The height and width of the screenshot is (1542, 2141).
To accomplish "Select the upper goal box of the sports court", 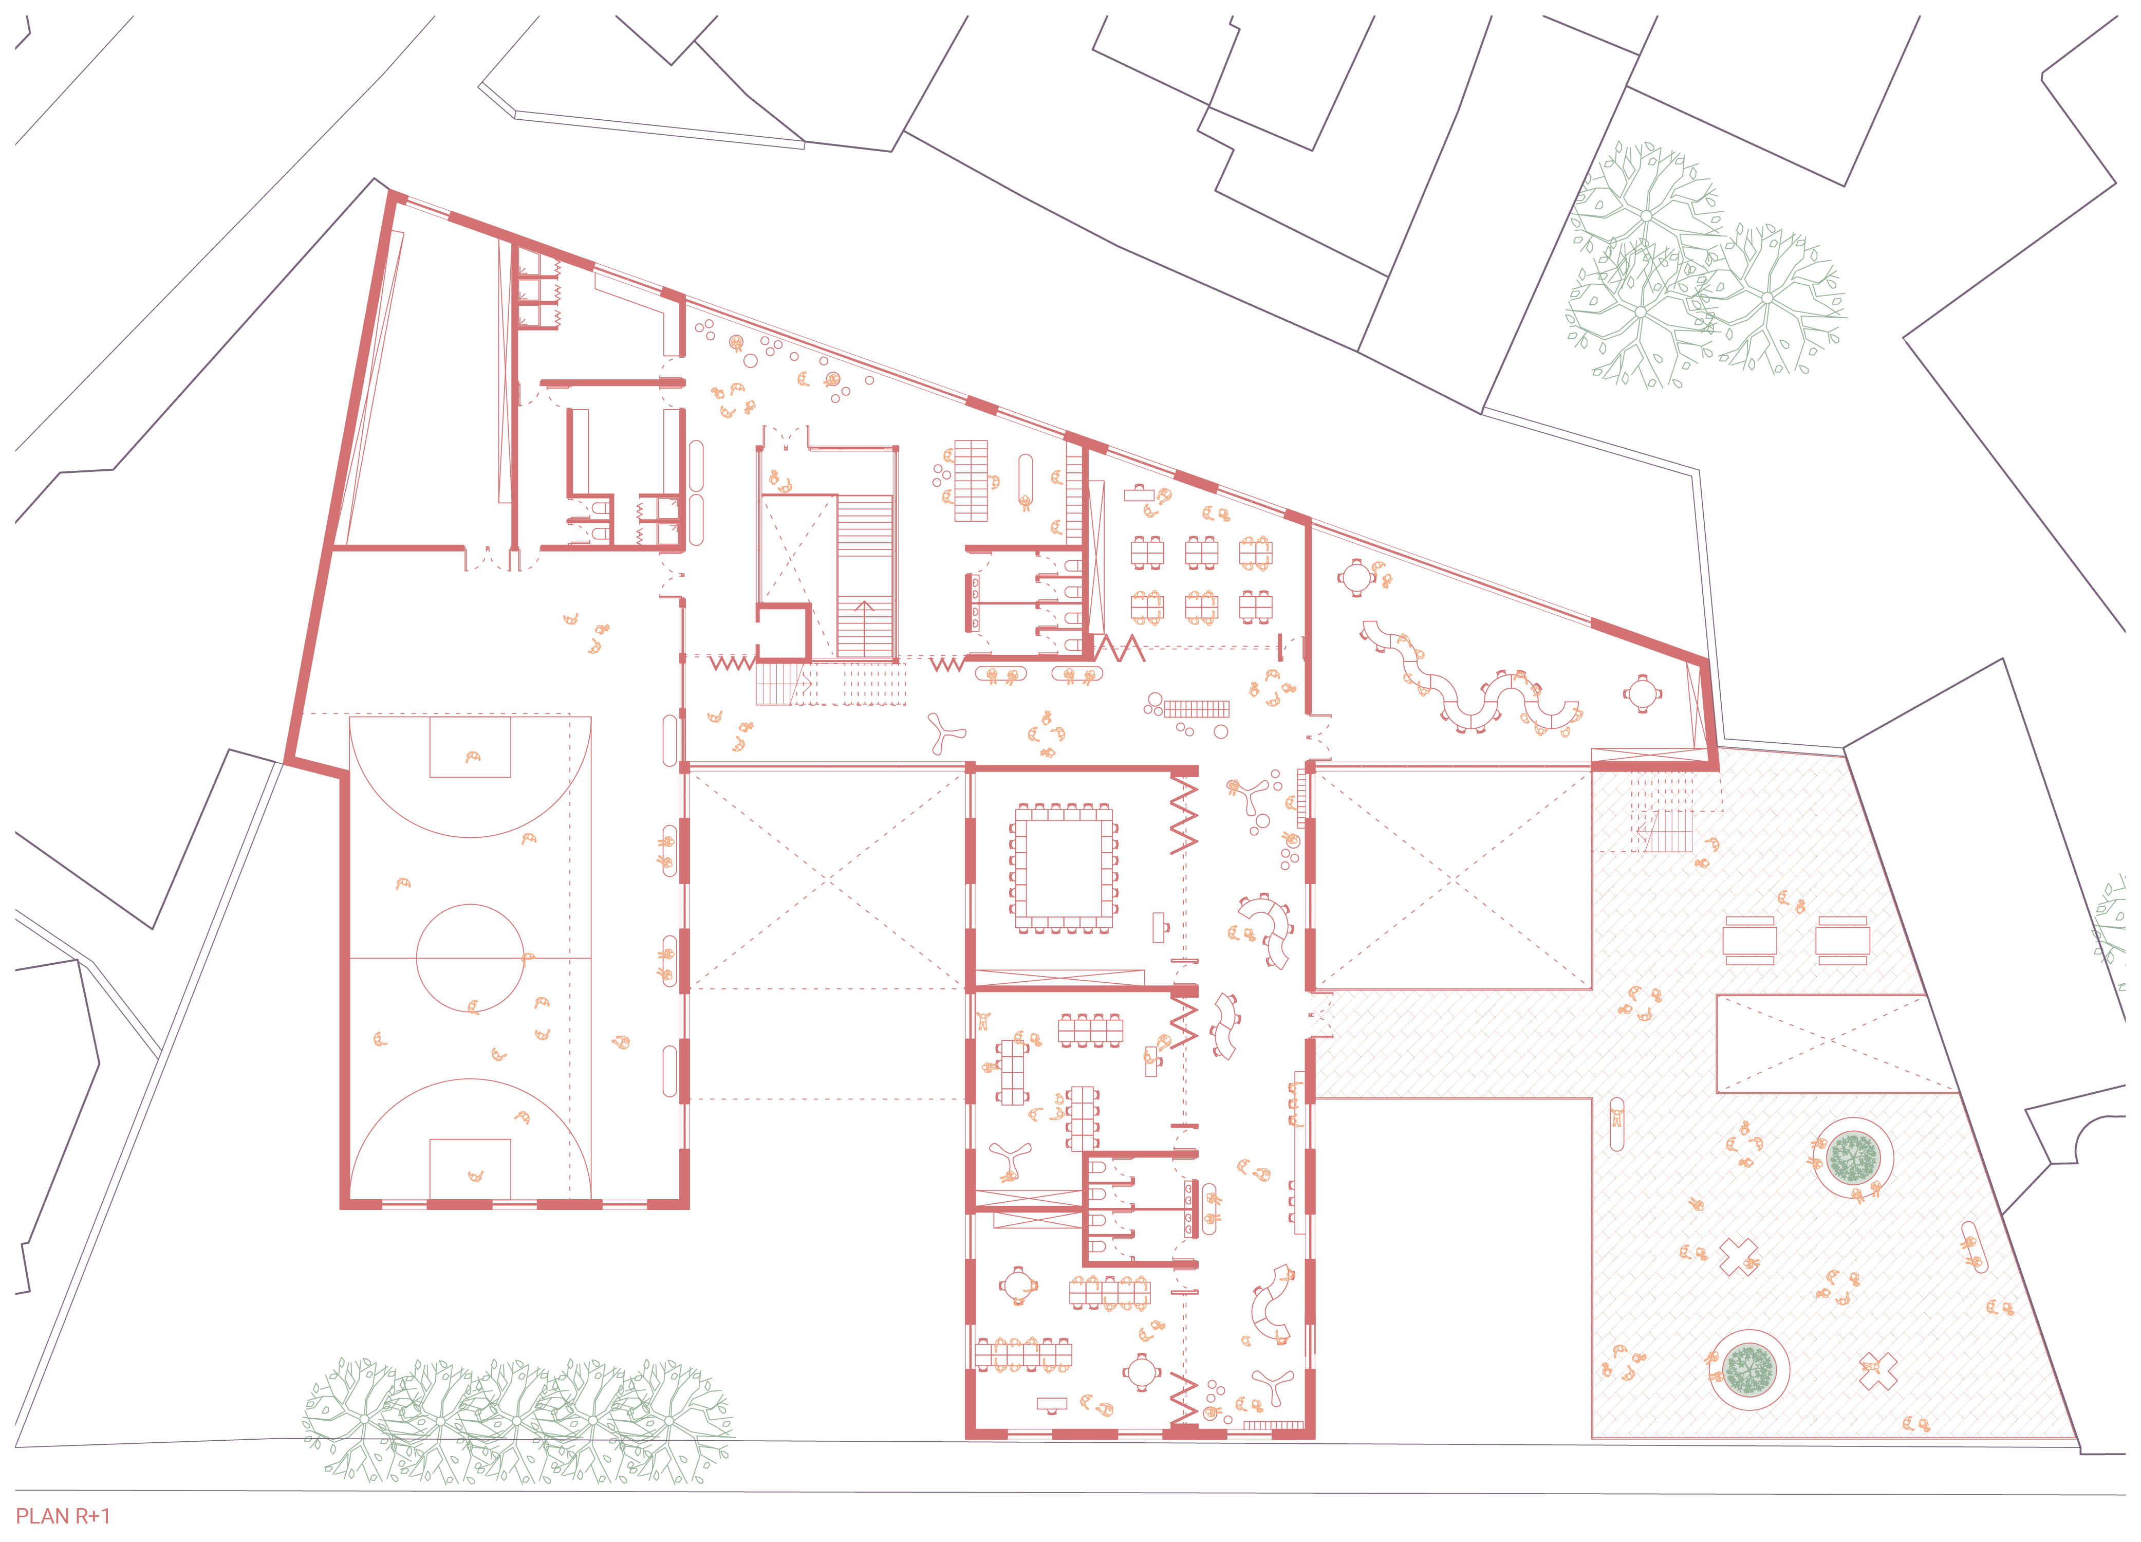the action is point(470,747).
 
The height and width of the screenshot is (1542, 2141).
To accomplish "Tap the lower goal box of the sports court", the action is point(470,1168).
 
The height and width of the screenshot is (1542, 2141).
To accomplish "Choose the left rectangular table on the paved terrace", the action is point(1749,940).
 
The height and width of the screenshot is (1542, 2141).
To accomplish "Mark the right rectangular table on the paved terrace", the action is point(1842,940).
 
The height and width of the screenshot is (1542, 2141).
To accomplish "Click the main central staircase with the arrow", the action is point(865,576).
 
